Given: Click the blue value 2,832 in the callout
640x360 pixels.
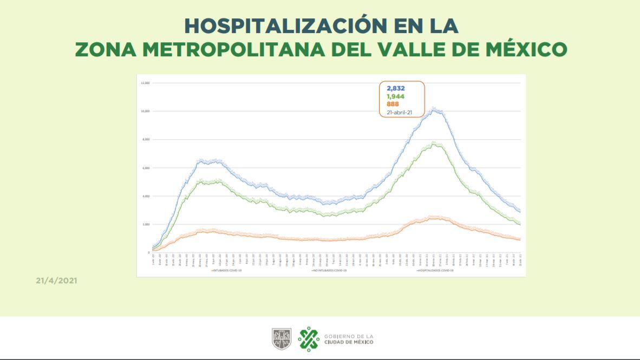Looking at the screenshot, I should (396, 88).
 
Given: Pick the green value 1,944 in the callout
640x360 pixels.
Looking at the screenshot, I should (396, 96).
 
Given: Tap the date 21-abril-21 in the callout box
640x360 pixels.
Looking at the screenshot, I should (400, 112).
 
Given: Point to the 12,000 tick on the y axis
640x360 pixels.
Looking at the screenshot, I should (145, 83).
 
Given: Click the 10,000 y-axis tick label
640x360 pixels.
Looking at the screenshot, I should (145, 111).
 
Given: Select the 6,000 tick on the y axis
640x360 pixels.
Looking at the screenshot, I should (146, 168).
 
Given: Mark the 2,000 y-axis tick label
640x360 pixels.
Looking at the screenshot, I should (146, 224).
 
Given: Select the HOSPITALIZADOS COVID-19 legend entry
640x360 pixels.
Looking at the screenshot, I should (436, 269).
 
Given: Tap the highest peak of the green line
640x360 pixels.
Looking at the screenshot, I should (434, 143).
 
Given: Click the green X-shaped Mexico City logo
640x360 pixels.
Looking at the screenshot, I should (309, 339).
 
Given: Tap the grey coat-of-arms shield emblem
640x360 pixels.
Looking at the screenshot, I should (282, 339).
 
